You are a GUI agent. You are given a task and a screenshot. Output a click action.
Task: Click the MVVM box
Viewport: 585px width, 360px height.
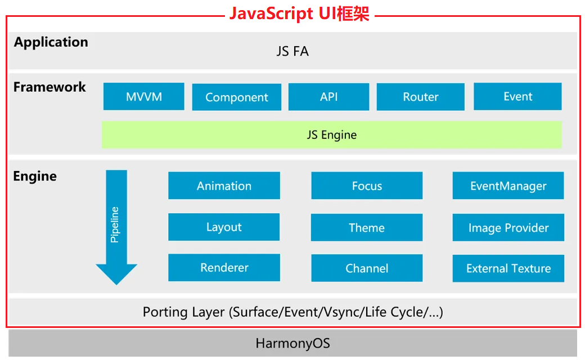(143, 96)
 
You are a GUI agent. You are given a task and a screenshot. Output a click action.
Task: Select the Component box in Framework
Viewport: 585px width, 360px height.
(237, 97)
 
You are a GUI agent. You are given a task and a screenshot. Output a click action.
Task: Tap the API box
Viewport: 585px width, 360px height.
(328, 97)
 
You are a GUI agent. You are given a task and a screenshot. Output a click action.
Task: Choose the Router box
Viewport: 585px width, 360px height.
(421, 97)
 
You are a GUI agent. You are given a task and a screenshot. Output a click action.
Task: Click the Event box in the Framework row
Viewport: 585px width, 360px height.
(517, 96)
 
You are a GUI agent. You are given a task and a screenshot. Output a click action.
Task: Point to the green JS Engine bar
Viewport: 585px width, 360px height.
(332, 134)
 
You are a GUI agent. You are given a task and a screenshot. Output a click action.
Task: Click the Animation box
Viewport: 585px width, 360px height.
(224, 186)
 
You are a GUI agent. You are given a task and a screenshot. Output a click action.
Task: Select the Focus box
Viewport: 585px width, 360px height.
(367, 186)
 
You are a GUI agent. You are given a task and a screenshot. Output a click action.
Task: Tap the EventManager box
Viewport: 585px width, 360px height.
(508, 186)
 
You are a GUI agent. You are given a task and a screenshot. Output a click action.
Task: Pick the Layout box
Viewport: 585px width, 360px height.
(224, 227)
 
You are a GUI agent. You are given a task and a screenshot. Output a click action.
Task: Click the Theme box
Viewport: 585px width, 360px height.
(367, 227)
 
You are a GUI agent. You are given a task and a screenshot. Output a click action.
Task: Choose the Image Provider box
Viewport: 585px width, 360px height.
(508, 227)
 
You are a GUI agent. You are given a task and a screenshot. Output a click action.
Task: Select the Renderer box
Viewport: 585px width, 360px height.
(224, 268)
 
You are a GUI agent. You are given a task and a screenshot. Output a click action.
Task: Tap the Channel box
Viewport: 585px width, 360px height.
(367, 268)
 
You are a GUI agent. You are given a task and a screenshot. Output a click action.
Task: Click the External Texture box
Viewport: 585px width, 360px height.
(508, 268)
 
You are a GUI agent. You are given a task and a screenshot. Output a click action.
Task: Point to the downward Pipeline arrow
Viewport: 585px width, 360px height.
(116, 227)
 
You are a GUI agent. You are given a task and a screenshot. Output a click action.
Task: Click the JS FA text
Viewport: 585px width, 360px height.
(292, 51)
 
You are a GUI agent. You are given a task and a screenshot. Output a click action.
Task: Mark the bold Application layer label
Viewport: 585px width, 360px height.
(51, 42)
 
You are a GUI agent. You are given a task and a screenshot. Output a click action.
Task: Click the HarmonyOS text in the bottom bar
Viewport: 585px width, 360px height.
(292, 343)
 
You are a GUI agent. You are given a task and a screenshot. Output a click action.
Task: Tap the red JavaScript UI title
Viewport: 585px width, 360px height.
(299, 14)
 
